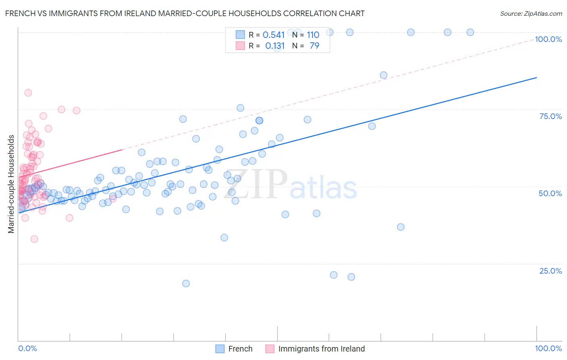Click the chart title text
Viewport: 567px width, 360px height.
click(185, 13)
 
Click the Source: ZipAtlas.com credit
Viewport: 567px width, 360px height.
click(531, 13)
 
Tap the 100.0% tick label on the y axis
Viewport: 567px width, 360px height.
click(548, 39)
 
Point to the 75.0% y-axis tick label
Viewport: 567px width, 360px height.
click(550, 116)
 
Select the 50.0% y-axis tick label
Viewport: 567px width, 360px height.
click(550, 193)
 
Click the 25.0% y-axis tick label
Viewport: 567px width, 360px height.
click(550, 270)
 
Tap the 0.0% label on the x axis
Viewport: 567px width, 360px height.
click(27, 348)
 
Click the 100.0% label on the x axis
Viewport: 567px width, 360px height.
click(548, 348)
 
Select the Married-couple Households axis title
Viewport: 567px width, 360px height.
click(11, 184)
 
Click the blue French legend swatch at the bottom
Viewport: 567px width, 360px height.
click(220, 349)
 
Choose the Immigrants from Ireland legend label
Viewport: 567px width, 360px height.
click(321, 349)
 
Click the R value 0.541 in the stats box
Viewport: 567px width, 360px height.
click(273, 35)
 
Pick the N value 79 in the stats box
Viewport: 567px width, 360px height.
click(314, 46)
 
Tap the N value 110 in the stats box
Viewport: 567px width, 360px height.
click(313, 35)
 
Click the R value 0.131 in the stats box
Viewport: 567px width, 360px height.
click(275, 46)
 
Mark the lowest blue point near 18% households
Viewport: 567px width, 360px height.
click(186, 283)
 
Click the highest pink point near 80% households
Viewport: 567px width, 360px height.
click(28, 92)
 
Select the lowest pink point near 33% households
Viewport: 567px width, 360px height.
click(34, 239)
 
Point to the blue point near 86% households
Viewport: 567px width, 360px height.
click(384, 75)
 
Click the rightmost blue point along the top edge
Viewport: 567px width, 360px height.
click(470, 32)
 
